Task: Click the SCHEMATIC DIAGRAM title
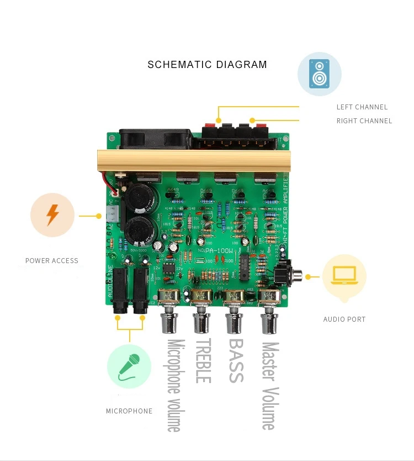pyautogui.click(x=207, y=65)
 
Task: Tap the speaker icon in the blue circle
pyautogui.click(x=319, y=74)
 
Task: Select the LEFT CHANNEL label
pyautogui.click(x=362, y=107)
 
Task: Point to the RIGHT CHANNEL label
pyautogui.click(x=364, y=121)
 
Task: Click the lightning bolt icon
pyautogui.click(x=52, y=214)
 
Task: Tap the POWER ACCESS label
pyautogui.click(x=52, y=261)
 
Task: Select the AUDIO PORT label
pyautogui.click(x=344, y=319)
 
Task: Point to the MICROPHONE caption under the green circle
pyautogui.click(x=129, y=411)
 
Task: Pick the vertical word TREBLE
pyautogui.click(x=203, y=361)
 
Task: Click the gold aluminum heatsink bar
pyautogui.click(x=193, y=160)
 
